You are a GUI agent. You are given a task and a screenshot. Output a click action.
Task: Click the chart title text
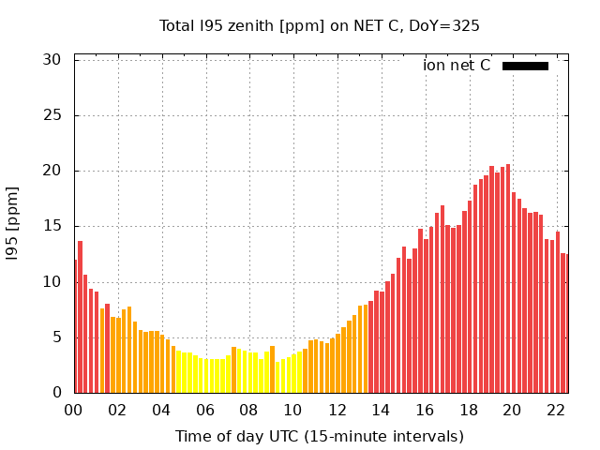pos(319,26)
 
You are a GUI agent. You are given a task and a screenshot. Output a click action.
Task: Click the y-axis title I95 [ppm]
pos(13,225)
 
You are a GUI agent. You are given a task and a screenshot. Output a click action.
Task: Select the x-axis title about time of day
pos(319,436)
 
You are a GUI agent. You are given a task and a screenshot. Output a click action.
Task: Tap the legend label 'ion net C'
pos(457,66)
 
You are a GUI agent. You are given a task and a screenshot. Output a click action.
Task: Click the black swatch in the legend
pos(525,66)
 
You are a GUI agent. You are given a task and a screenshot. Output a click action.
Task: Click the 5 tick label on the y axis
pos(56,337)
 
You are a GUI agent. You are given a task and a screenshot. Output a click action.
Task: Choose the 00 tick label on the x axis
pos(74,410)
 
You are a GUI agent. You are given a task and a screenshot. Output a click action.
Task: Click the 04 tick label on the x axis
pos(161,410)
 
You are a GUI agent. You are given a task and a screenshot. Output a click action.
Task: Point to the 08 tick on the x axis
pos(249,410)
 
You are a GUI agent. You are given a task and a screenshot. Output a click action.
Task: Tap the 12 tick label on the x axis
pos(337,410)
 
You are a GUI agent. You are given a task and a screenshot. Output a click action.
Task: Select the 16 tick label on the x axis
pos(425,410)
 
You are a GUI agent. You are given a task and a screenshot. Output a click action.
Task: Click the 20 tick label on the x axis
pos(512,410)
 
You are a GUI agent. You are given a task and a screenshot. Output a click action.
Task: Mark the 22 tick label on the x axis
pos(556,410)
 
